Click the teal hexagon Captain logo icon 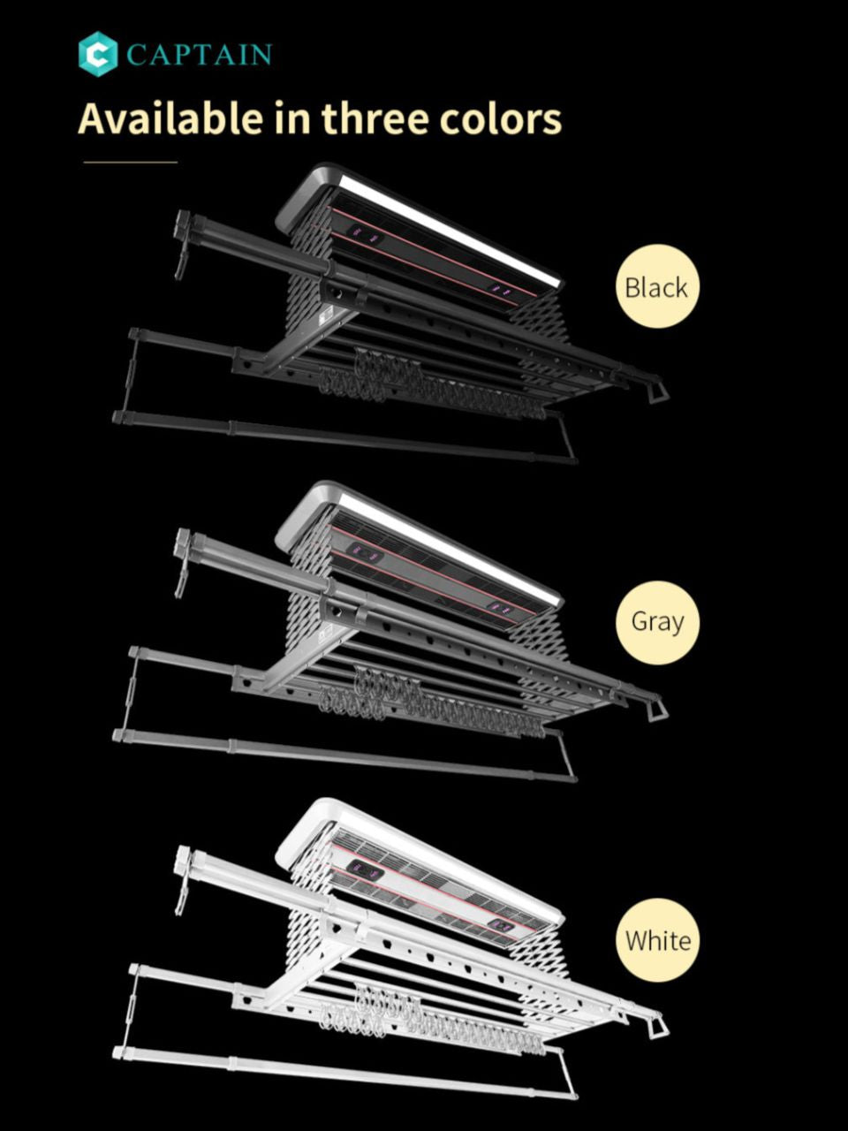pos(98,54)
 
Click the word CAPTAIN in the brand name pos(199,55)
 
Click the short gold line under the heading pos(131,162)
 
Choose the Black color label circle pos(657,286)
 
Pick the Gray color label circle pos(657,622)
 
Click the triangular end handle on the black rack pos(657,388)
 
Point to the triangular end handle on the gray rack pos(657,706)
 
